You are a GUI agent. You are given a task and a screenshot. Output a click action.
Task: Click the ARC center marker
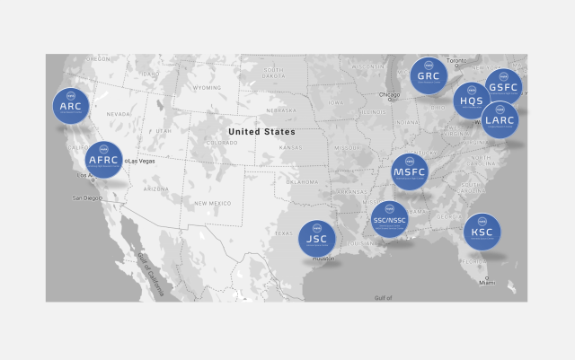pyautogui.click(x=71, y=107)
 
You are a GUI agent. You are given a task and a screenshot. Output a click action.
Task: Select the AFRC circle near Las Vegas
pyautogui.click(x=104, y=161)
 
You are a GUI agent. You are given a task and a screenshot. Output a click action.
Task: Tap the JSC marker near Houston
pyautogui.click(x=317, y=239)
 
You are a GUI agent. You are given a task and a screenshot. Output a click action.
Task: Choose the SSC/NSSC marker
pyautogui.click(x=390, y=219)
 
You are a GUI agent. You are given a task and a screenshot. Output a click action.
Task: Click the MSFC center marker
pyautogui.click(x=410, y=172)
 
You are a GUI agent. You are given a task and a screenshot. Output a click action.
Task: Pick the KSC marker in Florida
pyautogui.click(x=482, y=232)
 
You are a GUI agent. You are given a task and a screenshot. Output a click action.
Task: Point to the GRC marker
pyautogui.click(x=429, y=76)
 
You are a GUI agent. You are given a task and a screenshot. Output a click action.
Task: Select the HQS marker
pyautogui.click(x=471, y=101)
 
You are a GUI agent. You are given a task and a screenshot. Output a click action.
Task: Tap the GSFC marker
pyautogui.click(x=503, y=87)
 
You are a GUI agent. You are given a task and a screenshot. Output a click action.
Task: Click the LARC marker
pyautogui.click(x=500, y=119)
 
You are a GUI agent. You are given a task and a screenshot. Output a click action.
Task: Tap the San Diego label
pyautogui.click(x=89, y=197)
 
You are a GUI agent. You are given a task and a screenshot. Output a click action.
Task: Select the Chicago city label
pyautogui.click(x=389, y=94)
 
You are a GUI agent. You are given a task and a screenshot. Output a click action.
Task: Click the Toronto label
pyautogui.click(x=458, y=60)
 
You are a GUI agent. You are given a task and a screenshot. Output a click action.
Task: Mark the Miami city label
pyautogui.click(x=486, y=282)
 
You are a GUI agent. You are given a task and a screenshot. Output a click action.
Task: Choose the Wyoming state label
pyautogui.click(x=207, y=88)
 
